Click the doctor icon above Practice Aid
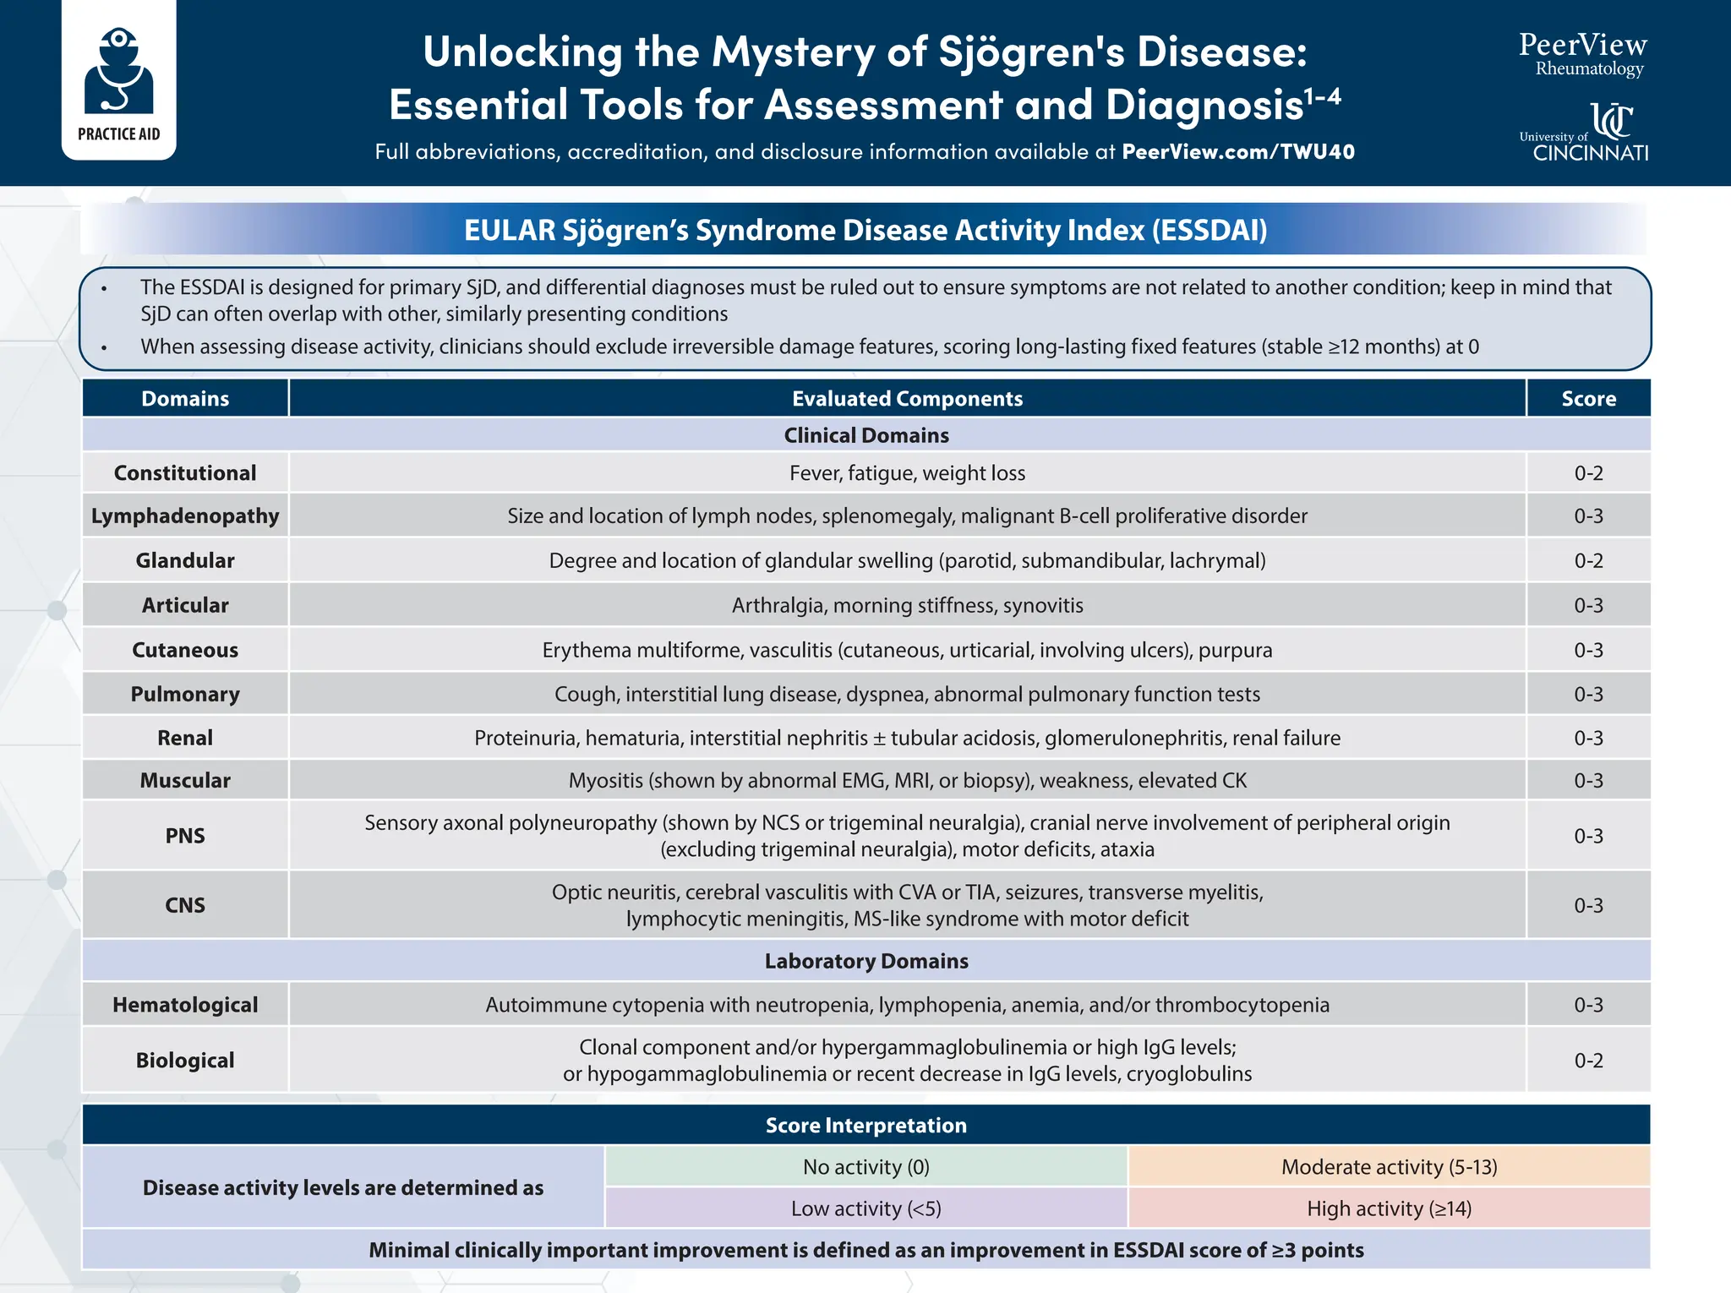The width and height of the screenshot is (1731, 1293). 118,71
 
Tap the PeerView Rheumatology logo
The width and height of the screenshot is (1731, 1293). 1582,54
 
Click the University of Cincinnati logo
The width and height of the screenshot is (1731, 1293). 1584,132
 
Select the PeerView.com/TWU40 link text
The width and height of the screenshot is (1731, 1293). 1237,152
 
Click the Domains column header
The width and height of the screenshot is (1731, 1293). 185,399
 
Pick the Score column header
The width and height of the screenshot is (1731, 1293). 1588,399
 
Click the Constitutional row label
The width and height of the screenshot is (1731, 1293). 185,473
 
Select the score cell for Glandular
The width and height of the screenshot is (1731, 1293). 1588,561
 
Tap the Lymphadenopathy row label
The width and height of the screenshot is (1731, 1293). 185,516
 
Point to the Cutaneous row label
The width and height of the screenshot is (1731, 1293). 185,650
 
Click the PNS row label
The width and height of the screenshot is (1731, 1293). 185,836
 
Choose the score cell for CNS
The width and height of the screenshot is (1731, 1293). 1588,906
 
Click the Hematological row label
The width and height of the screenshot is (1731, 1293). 185,1005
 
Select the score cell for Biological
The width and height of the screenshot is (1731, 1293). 1588,1061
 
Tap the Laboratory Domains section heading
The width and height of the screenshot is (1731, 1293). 866,961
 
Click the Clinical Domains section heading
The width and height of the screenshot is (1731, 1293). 866,435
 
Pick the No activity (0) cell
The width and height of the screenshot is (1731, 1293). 866,1167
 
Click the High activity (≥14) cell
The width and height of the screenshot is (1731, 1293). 1389,1208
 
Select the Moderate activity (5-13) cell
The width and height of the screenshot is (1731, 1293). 1389,1167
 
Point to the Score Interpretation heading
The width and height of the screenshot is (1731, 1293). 866,1126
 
